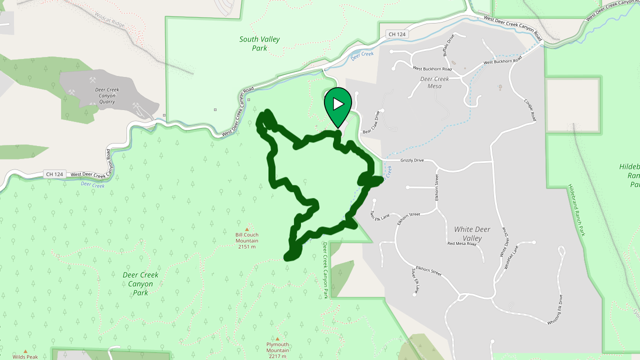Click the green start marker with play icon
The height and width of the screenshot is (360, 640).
[338, 104]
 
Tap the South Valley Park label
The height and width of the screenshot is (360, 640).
[259, 43]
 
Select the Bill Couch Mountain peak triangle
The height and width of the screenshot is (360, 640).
[246, 229]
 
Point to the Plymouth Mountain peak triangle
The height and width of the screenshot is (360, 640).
[277, 338]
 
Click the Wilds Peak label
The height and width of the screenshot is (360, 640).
[25, 356]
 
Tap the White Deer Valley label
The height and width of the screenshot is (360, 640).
[472, 233]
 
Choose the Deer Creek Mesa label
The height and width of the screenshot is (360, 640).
[434, 82]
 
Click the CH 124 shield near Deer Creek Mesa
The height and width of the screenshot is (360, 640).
[397, 34]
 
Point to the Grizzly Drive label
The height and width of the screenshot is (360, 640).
[412, 160]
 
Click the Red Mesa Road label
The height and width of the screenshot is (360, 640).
[461, 243]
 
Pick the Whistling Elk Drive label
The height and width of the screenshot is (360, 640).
[554, 310]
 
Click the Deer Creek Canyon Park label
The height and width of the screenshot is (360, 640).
[140, 283]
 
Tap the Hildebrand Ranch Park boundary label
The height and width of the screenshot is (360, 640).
[576, 210]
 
